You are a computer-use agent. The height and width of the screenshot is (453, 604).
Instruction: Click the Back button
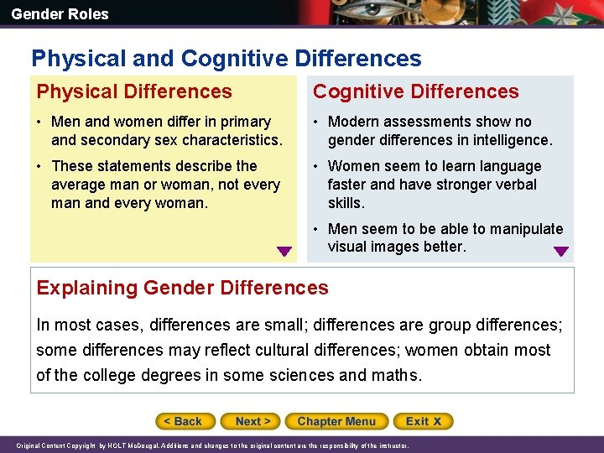[185, 421]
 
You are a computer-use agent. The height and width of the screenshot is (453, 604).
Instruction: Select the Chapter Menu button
[336, 421]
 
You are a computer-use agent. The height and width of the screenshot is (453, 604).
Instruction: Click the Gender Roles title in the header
[60, 13]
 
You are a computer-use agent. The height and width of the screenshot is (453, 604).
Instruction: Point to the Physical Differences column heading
[134, 91]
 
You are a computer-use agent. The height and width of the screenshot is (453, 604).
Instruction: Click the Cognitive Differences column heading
[415, 91]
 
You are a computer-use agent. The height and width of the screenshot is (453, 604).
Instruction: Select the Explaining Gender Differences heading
[182, 288]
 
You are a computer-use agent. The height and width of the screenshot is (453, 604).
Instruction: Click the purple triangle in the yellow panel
[284, 251]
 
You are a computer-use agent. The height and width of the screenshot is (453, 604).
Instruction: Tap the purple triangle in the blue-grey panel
[561, 251]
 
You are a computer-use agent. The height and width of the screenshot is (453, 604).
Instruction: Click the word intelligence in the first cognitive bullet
[508, 140]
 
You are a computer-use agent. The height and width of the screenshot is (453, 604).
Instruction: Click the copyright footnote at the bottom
[212, 445]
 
